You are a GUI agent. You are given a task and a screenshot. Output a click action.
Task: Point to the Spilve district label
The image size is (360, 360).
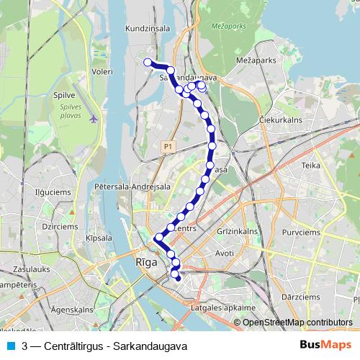pos(65,94)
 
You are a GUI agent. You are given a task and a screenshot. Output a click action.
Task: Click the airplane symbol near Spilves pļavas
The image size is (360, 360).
pos(94,119)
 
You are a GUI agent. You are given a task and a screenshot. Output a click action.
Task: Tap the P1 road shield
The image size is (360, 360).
pos(168,146)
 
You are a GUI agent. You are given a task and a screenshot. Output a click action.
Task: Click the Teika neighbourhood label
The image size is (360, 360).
pos(311,165)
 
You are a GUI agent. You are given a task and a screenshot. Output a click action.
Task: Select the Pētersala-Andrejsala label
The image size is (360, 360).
pos(132,186)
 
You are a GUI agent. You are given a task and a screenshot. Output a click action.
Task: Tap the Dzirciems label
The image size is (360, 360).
pos(59,225)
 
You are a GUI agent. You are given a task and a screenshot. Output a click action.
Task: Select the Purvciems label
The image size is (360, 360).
pos(311,231)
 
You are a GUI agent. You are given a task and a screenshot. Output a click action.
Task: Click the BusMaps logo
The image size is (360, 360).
pos(325,346)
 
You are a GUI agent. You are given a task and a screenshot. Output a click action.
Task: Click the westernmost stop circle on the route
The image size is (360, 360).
pos(148,62)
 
